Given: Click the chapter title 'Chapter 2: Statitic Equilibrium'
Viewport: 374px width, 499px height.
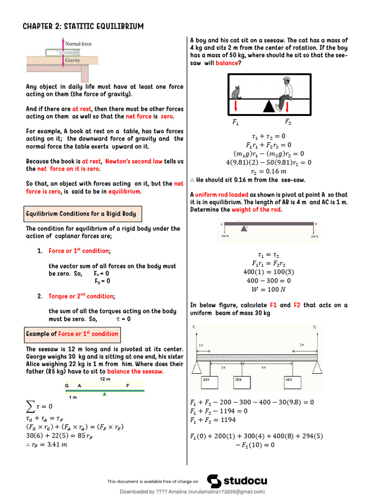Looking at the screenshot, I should click(83, 26).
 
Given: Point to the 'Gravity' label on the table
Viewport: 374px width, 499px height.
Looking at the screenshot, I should click(73, 60).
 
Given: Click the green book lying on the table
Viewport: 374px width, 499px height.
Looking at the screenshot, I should click(54, 52).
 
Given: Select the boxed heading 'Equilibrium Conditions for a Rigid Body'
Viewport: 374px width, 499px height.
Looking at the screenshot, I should click(81, 213).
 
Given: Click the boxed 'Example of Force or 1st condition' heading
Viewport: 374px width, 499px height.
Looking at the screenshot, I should click(72, 334).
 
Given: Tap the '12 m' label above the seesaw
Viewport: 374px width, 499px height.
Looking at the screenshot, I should click(105, 379).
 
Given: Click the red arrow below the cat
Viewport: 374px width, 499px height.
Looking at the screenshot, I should click(236, 107).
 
